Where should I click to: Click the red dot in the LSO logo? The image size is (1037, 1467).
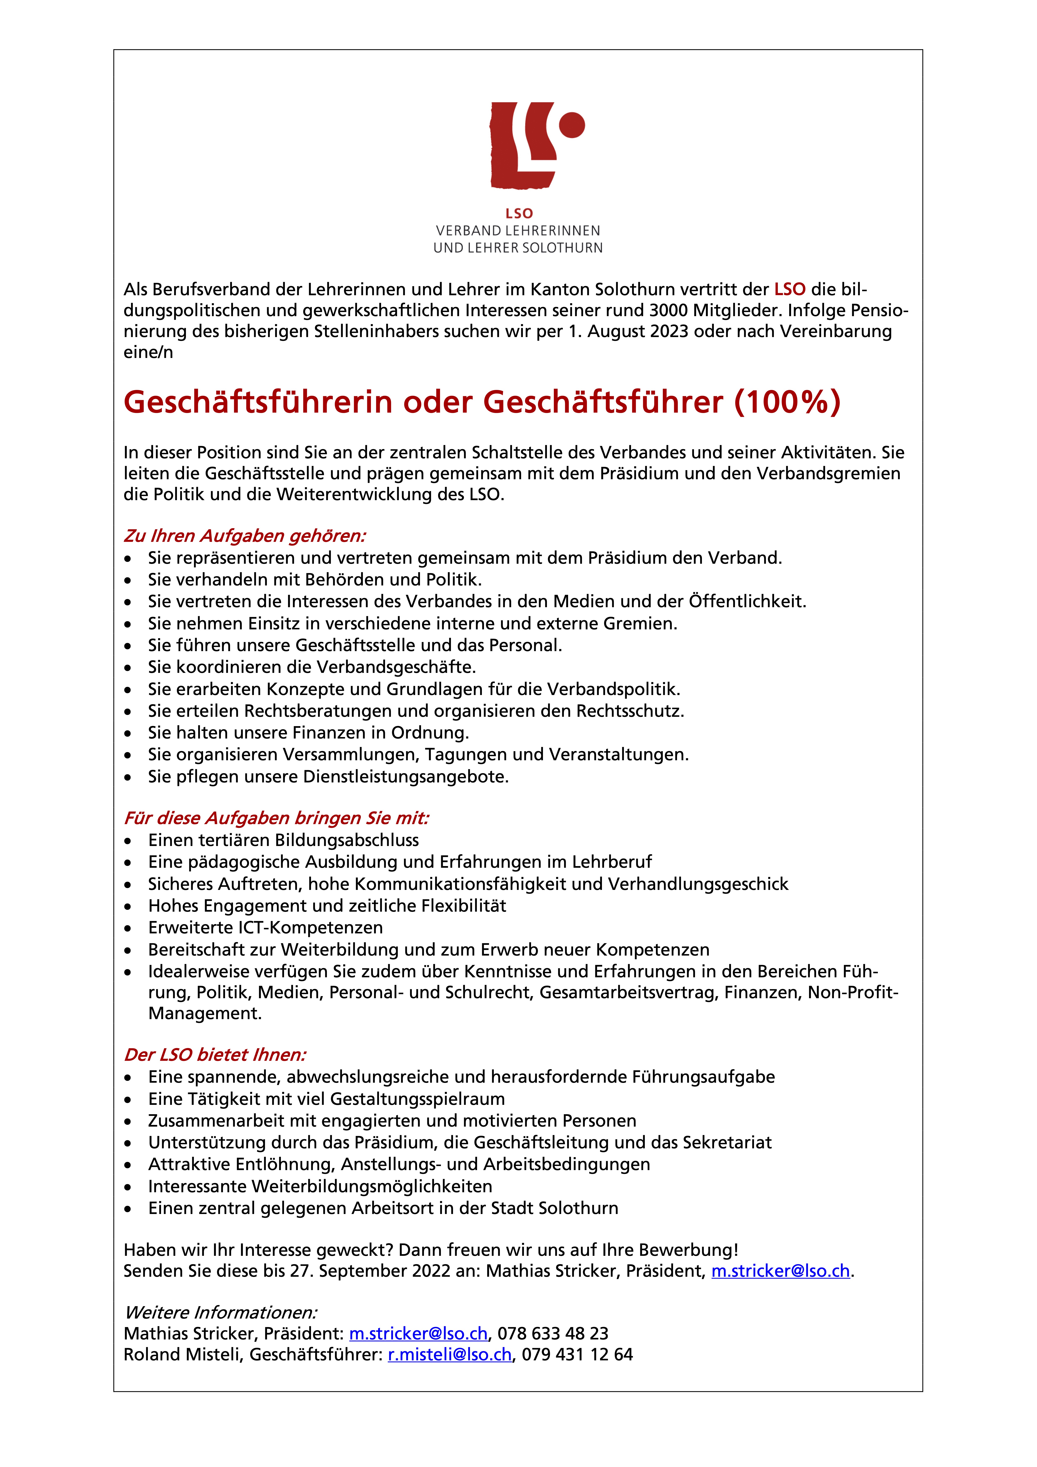pyautogui.click(x=572, y=125)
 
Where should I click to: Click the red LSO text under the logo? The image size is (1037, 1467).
pyautogui.click(x=519, y=213)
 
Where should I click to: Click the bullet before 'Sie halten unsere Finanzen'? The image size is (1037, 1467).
pyautogui.click(x=128, y=733)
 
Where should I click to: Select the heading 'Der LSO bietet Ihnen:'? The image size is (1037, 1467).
pyautogui.click(x=215, y=1055)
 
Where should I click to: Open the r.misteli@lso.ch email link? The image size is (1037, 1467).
pyautogui.click(x=450, y=1355)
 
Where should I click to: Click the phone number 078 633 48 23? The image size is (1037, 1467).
pyautogui.click(x=553, y=1333)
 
